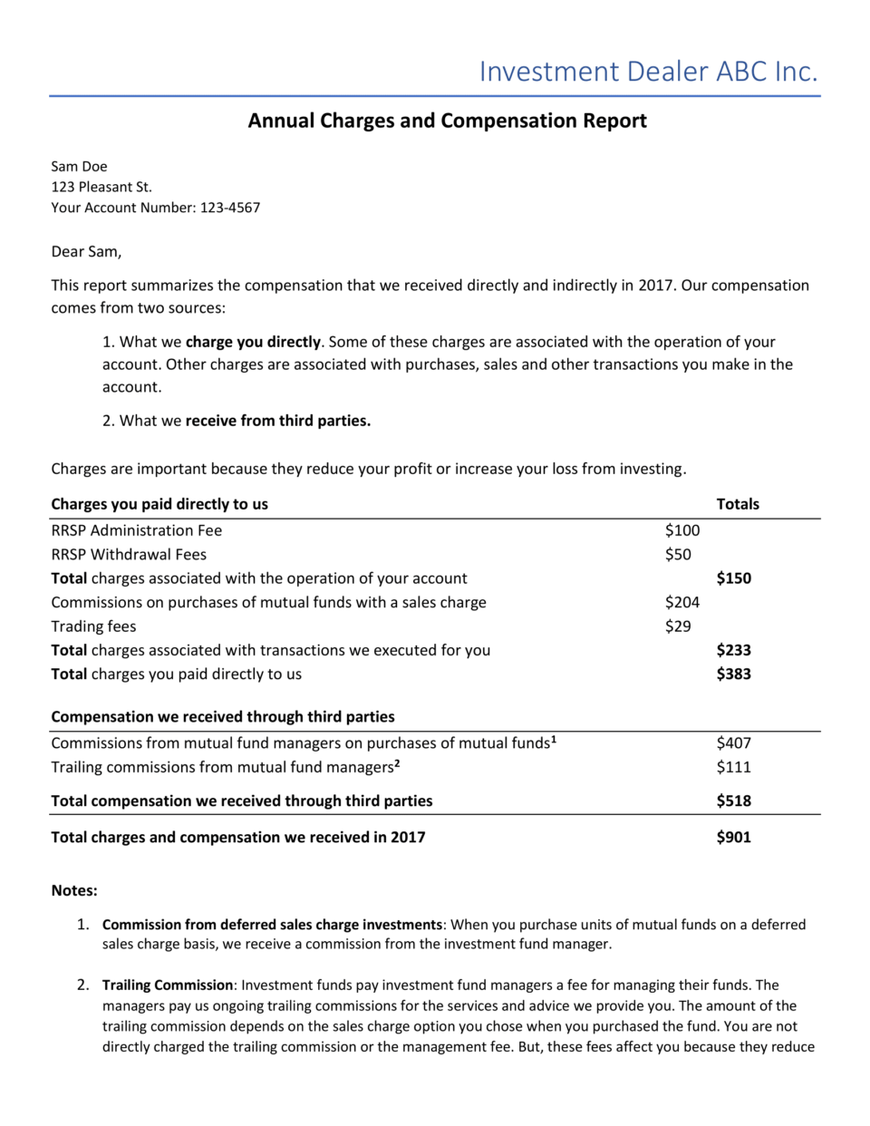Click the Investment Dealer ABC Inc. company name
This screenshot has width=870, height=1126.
pos(648,72)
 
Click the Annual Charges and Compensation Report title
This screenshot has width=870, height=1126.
pos(447,121)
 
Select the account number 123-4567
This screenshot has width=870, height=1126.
pos(229,208)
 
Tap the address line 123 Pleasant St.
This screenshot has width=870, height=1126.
pos(101,187)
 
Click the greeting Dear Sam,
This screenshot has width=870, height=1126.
pos(86,251)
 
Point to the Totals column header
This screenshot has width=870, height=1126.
pos(737,504)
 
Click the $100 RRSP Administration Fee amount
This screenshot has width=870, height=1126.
pos(681,530)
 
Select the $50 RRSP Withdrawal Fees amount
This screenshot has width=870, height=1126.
pos(677,554)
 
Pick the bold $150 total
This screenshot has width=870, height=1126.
pos(733,578)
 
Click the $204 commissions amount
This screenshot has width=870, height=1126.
pos(681,602)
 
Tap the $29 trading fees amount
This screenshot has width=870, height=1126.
pos(677,626)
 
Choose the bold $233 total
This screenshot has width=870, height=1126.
pos(733,650)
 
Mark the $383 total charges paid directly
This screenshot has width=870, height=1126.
pos(733,674)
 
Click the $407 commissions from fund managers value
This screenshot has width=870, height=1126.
pos(733,743)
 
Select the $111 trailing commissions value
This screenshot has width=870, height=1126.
pos(733,767)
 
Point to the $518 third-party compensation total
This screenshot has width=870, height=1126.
pos(733,801)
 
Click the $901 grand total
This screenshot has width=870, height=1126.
pos(733,837)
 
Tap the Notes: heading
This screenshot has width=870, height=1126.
pos(74,890)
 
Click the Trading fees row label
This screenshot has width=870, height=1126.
pos(93,626)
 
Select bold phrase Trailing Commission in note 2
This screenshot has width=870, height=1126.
pos(168,985)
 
